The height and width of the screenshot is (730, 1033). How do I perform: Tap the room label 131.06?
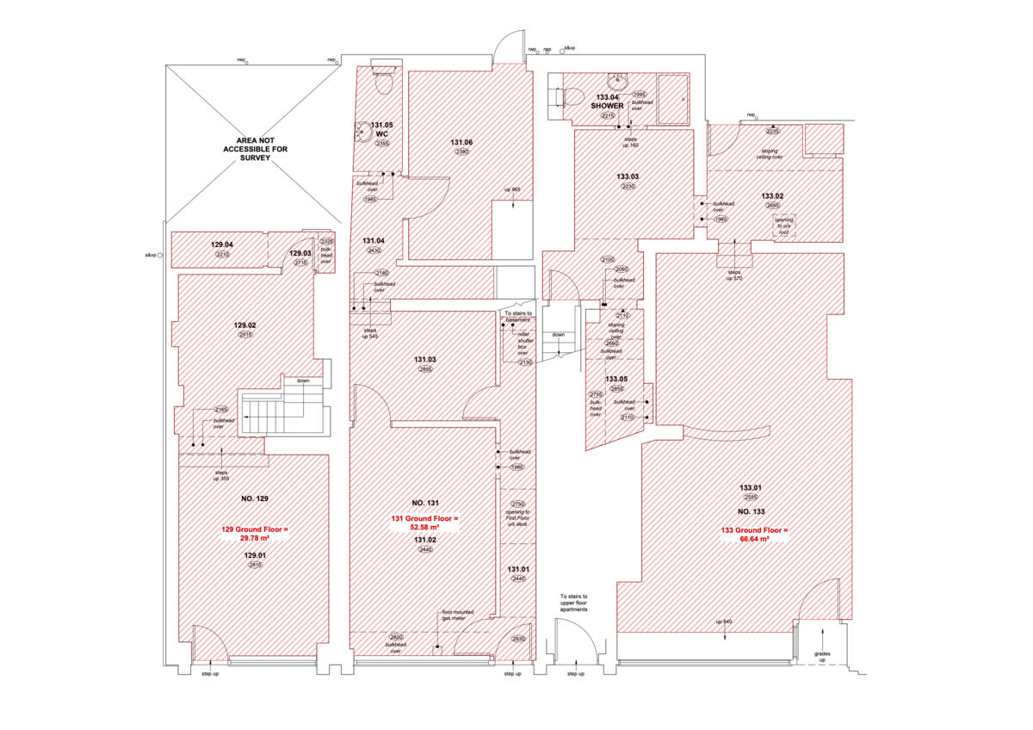tap(461, 142)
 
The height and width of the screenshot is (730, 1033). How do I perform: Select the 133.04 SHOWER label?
tap(607, 102)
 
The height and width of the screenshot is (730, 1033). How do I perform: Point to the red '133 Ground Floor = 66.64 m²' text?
tap(754, 535)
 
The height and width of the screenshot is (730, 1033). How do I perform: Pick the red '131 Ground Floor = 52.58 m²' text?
tap(425, 523)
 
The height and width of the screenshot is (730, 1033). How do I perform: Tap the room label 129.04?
tap(223, 244)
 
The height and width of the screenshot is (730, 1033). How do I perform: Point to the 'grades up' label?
tap(821, 656)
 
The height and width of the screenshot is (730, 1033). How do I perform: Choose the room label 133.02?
tap(771, 195)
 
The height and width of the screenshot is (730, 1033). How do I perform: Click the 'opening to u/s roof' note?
tap(785, 226)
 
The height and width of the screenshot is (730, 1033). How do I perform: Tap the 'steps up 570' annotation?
tap(734, 275)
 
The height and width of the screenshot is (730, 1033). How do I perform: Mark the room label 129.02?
tap(244, 325)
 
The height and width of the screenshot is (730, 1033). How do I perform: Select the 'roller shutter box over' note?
tap(523, 342)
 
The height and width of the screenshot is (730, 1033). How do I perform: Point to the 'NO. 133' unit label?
tap(751, 510)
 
